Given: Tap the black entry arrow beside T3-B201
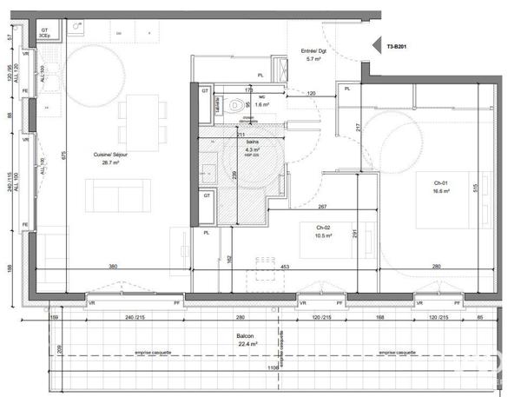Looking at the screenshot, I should pos(369,49).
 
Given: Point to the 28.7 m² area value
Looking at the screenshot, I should pos(110,162).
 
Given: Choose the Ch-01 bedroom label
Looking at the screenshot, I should pos(441,182).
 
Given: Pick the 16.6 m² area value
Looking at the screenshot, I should pos(442,191).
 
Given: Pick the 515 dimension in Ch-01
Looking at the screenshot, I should pos(477,187).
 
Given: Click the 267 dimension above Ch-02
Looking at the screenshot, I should pos(322,206).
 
